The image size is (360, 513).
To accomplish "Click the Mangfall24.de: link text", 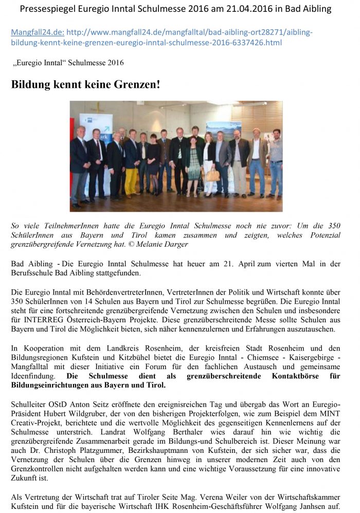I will point(37,32).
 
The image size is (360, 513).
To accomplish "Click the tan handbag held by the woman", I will point(212,175).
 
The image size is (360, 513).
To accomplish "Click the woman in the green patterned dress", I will point(193,164).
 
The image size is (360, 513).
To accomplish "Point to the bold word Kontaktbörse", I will point(301,376).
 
